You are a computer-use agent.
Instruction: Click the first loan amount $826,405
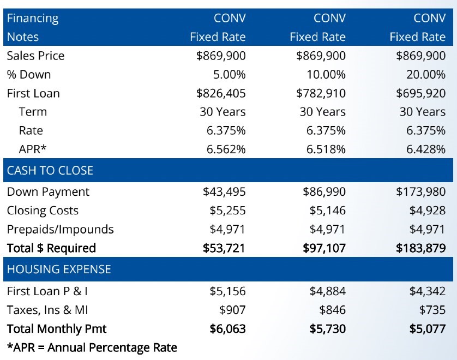(x=221, y=93)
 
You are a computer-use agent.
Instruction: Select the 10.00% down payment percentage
(x=326, y=75)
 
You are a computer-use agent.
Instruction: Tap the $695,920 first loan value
(x=420, y=93)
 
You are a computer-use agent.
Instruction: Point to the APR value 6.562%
(x=226, y=149)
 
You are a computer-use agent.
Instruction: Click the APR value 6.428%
(x=425, y=149)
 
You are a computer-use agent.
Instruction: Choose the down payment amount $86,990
(x=324, y=192)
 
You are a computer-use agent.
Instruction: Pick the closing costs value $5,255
(x=227, y=211)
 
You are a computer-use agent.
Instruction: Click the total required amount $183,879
(x=420, y=248)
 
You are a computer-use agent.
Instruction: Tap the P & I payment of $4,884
(x=327, y=291)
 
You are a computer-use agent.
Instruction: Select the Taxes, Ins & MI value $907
(x=232, y=310)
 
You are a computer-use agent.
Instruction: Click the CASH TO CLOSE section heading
(x=50, y=170)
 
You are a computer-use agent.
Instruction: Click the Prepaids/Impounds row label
(x=60, y=229)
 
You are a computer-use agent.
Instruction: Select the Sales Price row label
(x=35, y=56)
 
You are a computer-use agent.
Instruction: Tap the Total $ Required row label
(x=51, y=248)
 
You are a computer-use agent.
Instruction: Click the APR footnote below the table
(x=92, y=347)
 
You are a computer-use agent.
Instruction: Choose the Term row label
(x=33, y=112)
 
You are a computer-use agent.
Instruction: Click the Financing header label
(x=32, y=18)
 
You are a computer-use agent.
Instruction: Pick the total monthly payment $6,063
(x=227, y=329)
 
